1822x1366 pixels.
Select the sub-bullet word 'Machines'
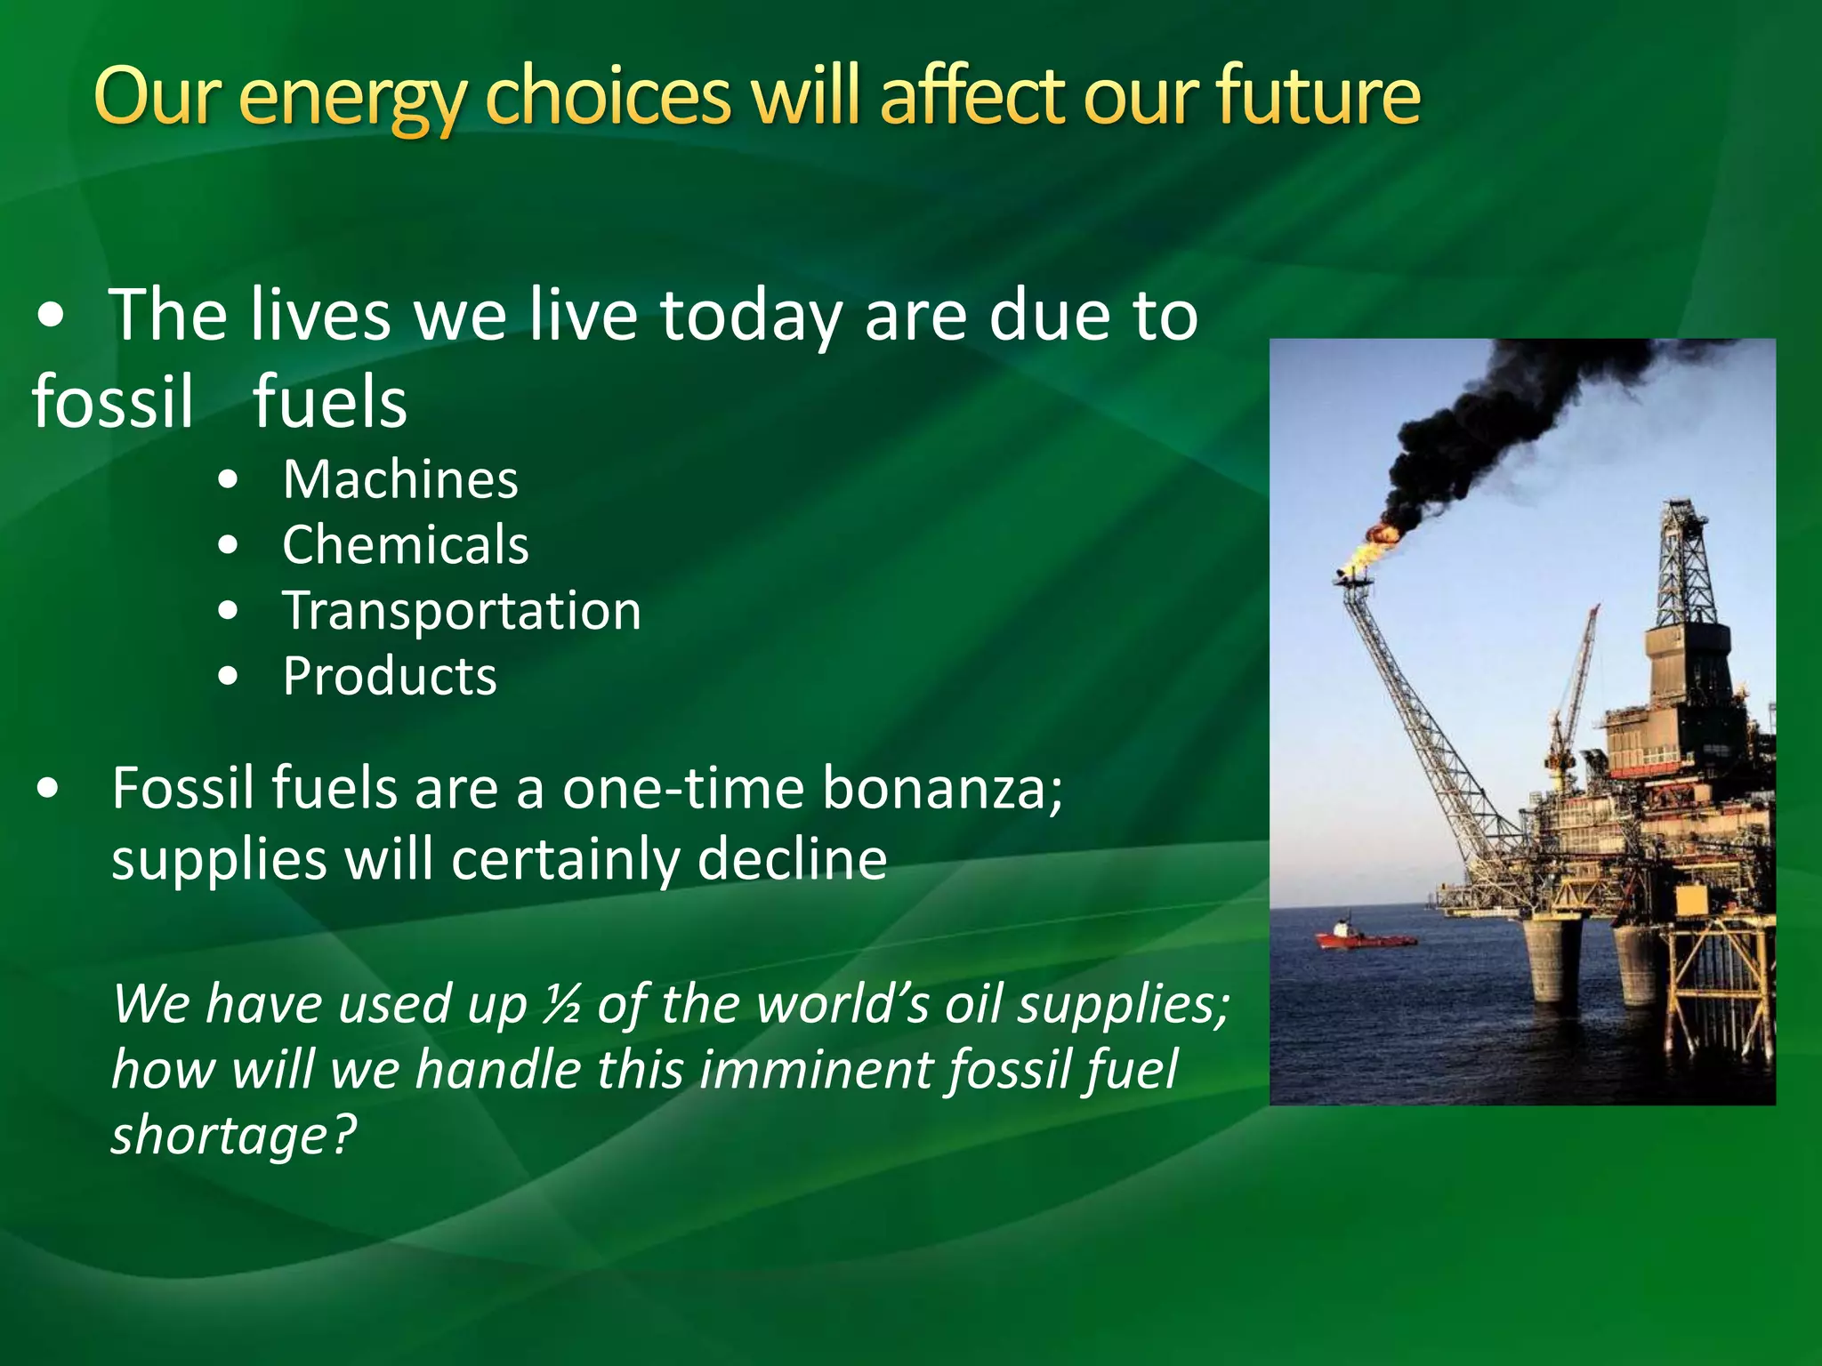[x=400, y=480]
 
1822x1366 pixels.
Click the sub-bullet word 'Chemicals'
[x=406, y=545]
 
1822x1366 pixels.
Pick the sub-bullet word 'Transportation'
[x=462, y=612]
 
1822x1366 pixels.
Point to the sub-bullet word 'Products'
[x=390, y=677]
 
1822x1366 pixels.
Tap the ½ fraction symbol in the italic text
[x=563, y=1005]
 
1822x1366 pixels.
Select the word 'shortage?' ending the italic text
[x=233, y=1136]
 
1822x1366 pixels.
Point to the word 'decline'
[x=792, y=860]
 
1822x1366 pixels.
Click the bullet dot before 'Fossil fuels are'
[x=49, y=789]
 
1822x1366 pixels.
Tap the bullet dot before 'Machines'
[x=229, y=481]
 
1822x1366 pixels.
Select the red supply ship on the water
[x=1362, y=937]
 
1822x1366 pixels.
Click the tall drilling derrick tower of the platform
[x=1685, y=569]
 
